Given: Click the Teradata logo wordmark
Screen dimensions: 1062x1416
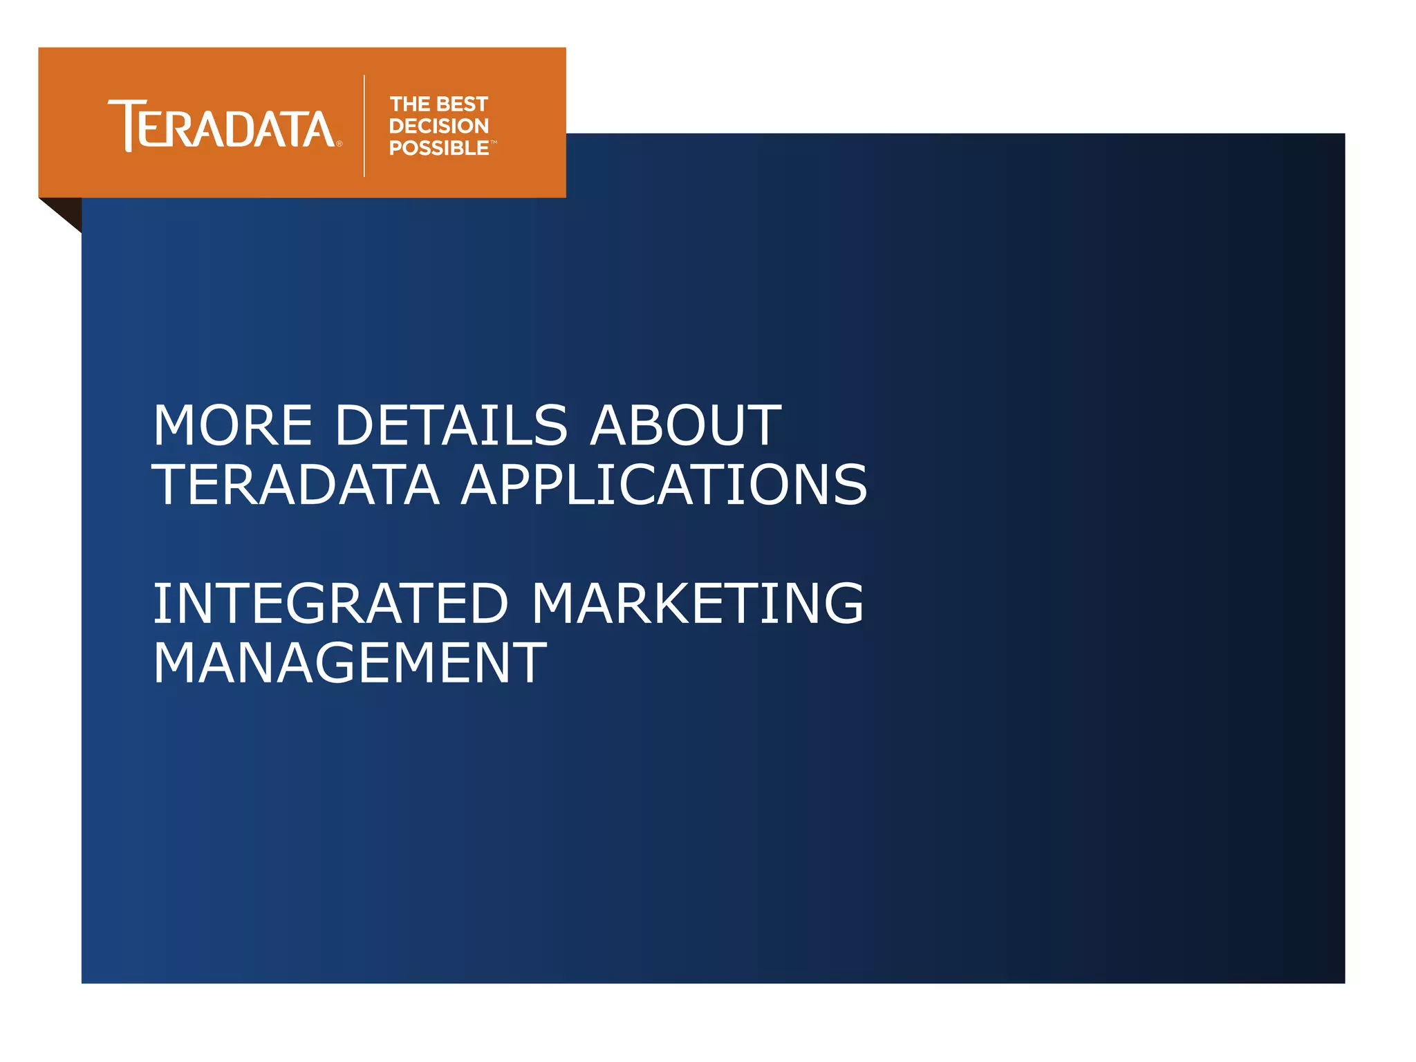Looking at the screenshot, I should [x=221, y=126].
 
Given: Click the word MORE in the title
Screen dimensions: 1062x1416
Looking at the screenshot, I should [x=233, y=426].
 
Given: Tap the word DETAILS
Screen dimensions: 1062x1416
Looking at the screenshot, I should [x=451, y=426].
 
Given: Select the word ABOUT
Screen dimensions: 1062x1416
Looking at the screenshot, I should [x=685, y=426].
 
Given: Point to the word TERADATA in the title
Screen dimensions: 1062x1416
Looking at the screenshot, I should [x=296, y=485].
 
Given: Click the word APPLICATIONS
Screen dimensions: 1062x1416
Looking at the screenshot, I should [x=664, y=485].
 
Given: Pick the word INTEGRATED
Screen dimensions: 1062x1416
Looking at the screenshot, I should [x=330, y=604].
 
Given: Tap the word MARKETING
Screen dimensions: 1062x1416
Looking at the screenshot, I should [x=698, y=604].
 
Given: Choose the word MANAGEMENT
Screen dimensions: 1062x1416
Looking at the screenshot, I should [x=350, y=664].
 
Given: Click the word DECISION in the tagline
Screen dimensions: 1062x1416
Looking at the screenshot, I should [x=439, y=126].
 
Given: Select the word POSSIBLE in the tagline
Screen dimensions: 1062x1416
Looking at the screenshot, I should [x=439, y=148].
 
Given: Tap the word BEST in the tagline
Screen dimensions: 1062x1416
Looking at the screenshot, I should [x=463, y=104].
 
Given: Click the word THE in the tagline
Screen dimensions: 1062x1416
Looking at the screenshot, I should [x=410, y=104].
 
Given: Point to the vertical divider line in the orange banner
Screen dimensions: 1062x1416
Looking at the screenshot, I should [x=364, y=126].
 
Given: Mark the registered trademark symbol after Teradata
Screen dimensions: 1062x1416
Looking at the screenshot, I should [x=339, y=144].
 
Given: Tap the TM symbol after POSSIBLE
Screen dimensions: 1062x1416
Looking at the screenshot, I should [x=494, y=142].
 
